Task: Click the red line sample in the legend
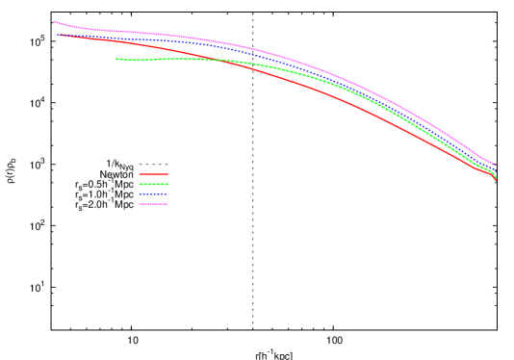pyautogui.click(x=154, y=174)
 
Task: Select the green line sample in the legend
pyautogui.click(x=154, y=184)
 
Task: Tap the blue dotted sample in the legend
pyautogui.click(x=154, y=193)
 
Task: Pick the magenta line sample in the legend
pyautogui.click(x=154, y=204)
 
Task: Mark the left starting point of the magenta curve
pyautogui.click(x=54, y=21)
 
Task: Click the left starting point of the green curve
pyautogui.click(x=116, y=59)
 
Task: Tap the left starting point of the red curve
pyautogui.click(x=59, y=36)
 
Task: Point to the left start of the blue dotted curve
pyautogui.click(x=59, y=35)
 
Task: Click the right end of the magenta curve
pyautogui.click(x=495, y=165)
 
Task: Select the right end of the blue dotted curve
pyautogui.click(x=495, y=168)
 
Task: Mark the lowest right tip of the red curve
pyautogui.click(x=497, y=180)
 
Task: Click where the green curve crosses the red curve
pyautogui.click(x=219, y=61)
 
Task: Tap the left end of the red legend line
pyautogui.click(x=140, y=174)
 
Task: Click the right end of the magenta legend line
pyautogui.click(x=168, y=204)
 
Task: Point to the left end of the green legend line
pyautogui.click(x=140, y=184)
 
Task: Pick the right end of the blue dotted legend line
pyautogui.click(x=168, y=193)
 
